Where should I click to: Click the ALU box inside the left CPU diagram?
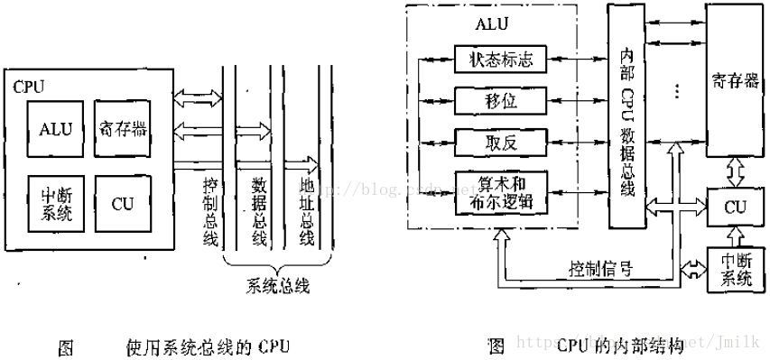[55, 128]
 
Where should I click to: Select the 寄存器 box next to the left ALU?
[121, 128]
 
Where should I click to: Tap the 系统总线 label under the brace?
[278, 287]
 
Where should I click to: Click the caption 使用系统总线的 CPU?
[208, 346]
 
